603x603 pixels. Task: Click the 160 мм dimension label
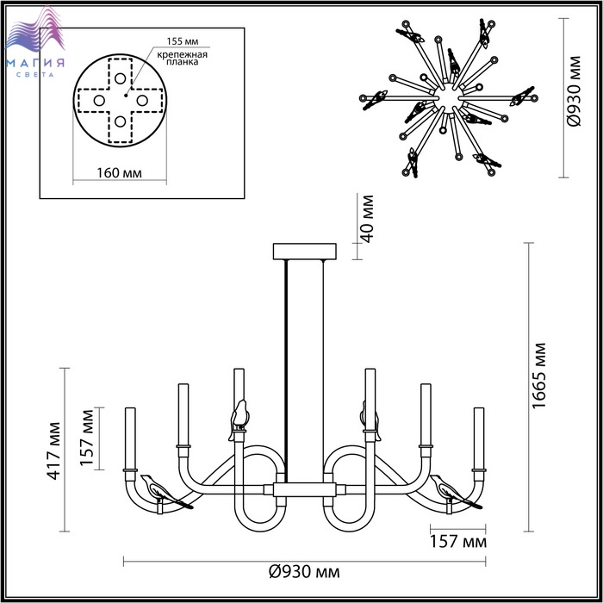click(x=119, y=174)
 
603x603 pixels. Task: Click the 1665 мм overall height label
click(x=540, y=383)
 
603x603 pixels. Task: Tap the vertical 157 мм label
click(x=87, y=437)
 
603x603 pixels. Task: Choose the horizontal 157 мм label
click(x=457, y=544)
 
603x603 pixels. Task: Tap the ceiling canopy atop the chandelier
click(x=303, y=252)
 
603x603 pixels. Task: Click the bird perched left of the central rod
click(x=239, y=418)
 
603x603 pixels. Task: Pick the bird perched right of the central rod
click(x=371, y=420)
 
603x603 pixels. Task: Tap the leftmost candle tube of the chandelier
click(x=130, y=438)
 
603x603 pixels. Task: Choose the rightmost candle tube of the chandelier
click(x=478, y=438)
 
